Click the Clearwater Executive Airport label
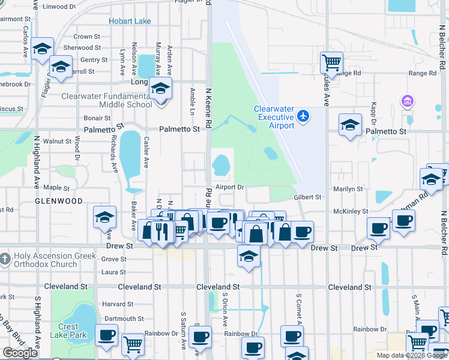[274, 117]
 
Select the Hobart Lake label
[130, 22]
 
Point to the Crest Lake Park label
[68, 331]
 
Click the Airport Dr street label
[229, 187]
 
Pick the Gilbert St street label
[307, 197]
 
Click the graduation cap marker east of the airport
[350, 125]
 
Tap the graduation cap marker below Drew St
[249, 256]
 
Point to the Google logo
[20, 353]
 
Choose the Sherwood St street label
[78, 48]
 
